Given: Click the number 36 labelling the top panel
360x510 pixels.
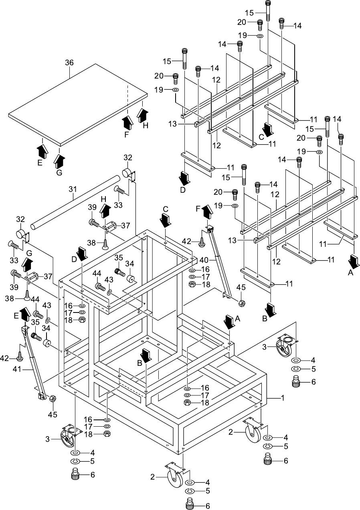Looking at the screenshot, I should pyautogui.click(x=69, y=62).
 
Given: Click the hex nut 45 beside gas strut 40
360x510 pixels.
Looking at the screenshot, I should pyautogui.click(x=242, y=303).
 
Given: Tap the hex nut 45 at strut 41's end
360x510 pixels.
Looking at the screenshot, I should pyautogui.click(x=53, y=398).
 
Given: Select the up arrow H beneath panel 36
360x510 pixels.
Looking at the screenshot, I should pyautogui.click(x=142, y=113).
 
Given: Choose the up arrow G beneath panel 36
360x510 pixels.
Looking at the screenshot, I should pyautogui.click(x=59, y=161).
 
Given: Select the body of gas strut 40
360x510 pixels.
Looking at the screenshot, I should pyautogui.click(x=219, y=264).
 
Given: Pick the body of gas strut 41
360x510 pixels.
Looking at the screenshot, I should pyautogui.click(x=33, y=365).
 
